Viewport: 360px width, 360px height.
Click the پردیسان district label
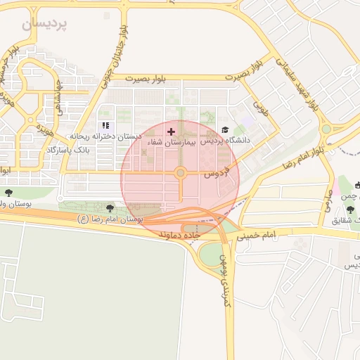[46, 23]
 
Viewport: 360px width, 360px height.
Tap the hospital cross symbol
[171, 131]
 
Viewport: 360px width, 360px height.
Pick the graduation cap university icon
[225, 130]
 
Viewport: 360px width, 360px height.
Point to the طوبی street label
[262, 109]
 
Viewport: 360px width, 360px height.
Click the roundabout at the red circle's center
[181, 172]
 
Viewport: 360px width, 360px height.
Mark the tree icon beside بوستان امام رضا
[110, 208]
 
